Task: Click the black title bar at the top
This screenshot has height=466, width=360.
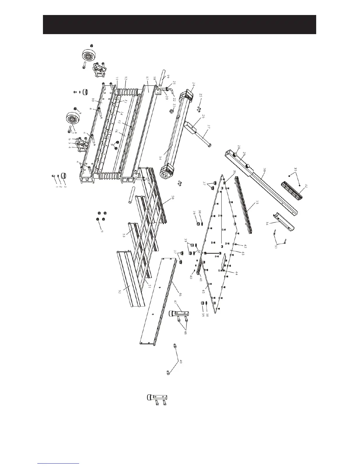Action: click(x=179, y=24)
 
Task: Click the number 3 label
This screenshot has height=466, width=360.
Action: click(x=65, y=187)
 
